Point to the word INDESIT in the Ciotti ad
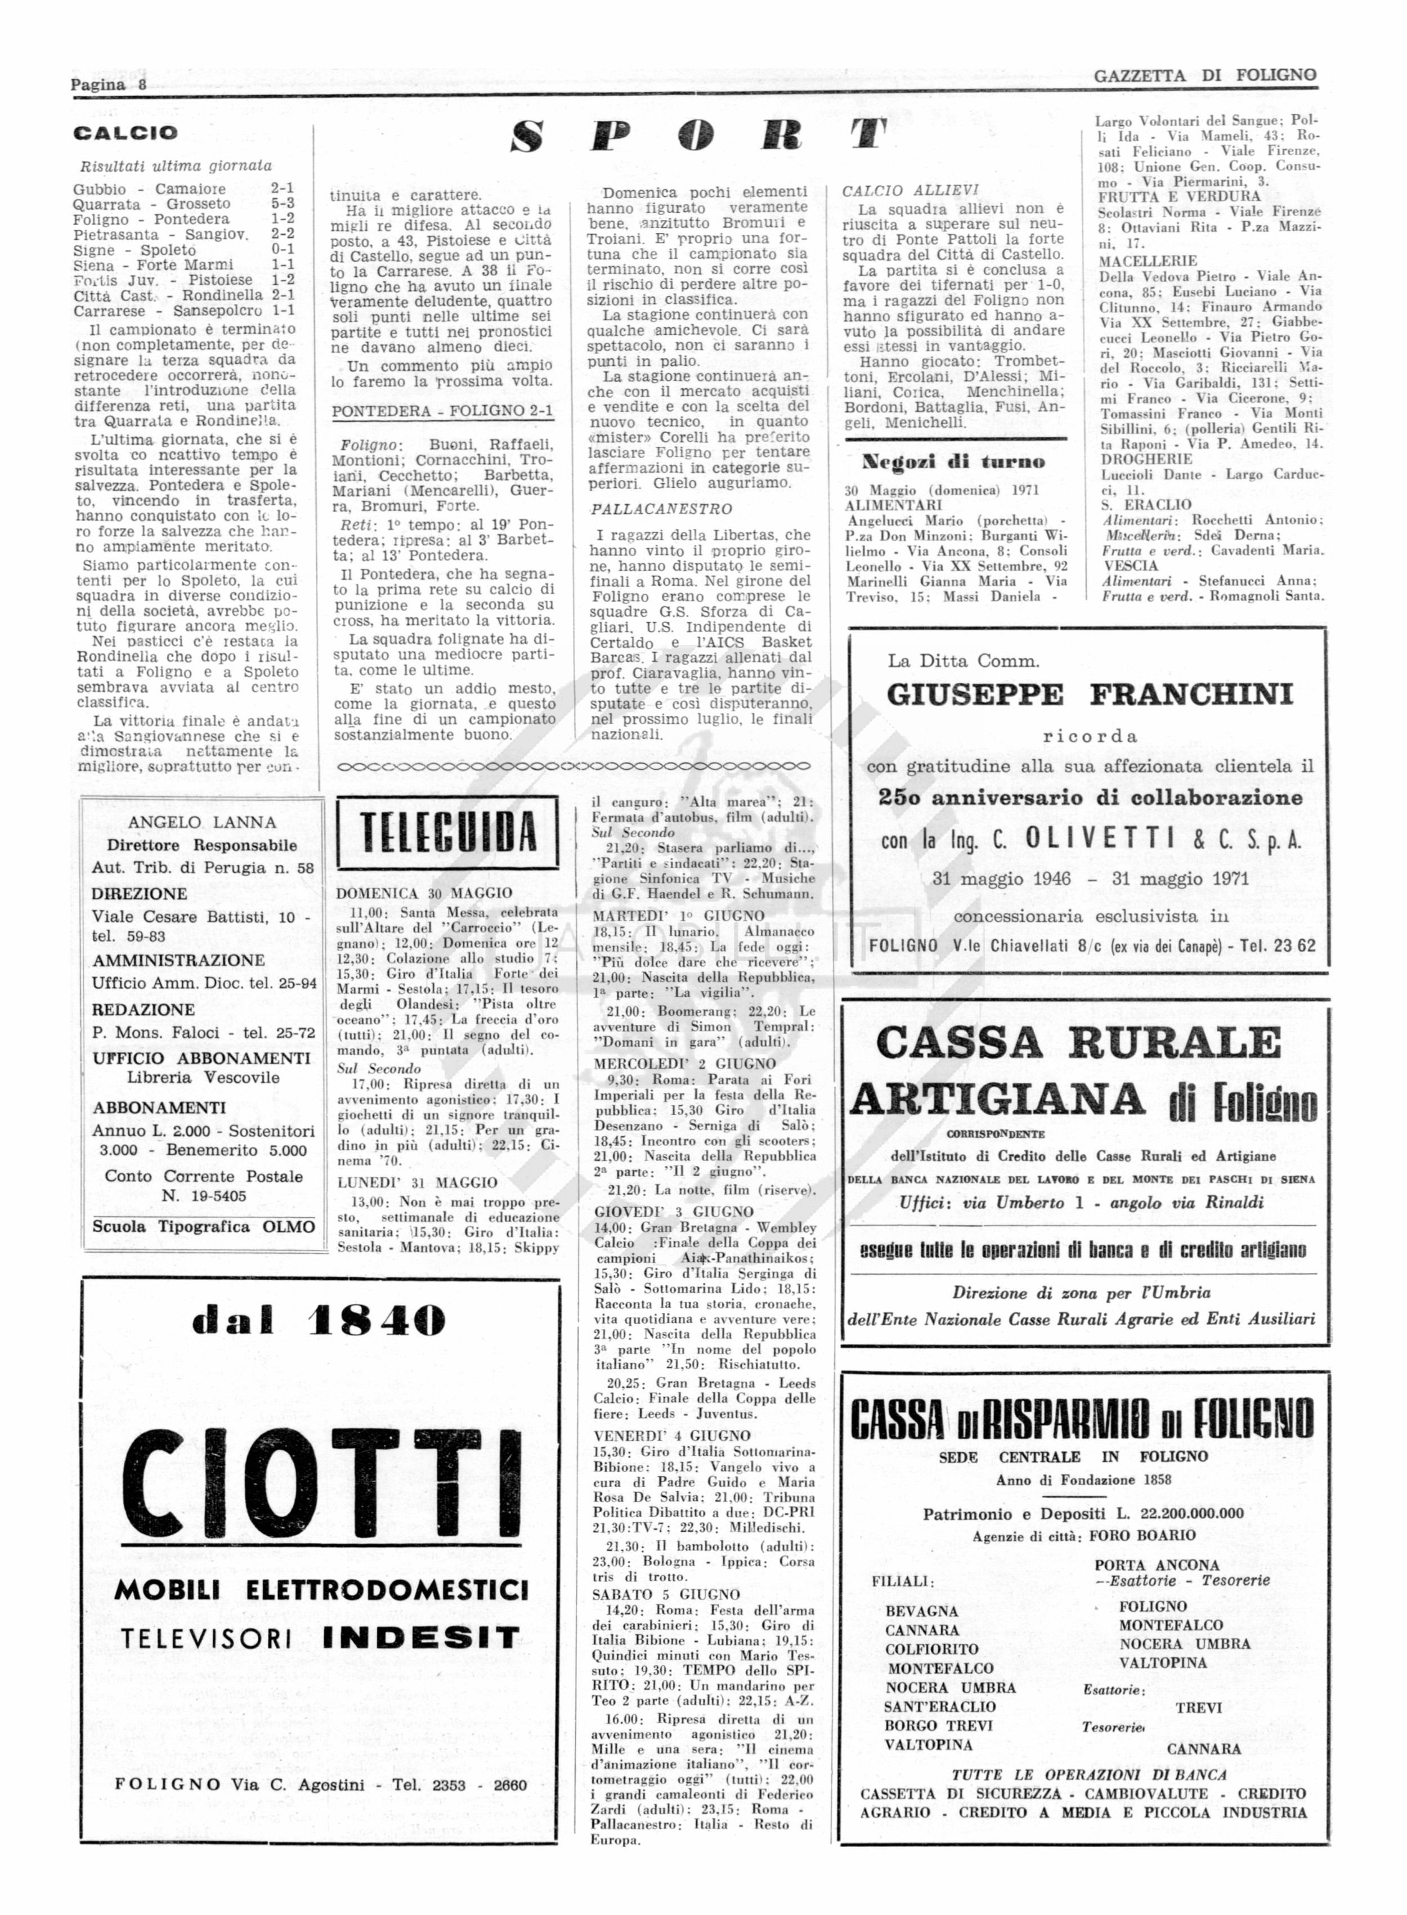pos(422,1638)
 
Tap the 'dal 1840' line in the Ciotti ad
pos(319,1321)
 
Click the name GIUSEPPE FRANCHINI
pos(1090,695)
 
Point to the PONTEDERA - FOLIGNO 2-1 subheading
pos(442,411)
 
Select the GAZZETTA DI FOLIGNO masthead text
pos(1204,76)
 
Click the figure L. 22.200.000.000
pos(1180,1513)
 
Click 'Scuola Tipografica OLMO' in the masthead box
pos(204,1226)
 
